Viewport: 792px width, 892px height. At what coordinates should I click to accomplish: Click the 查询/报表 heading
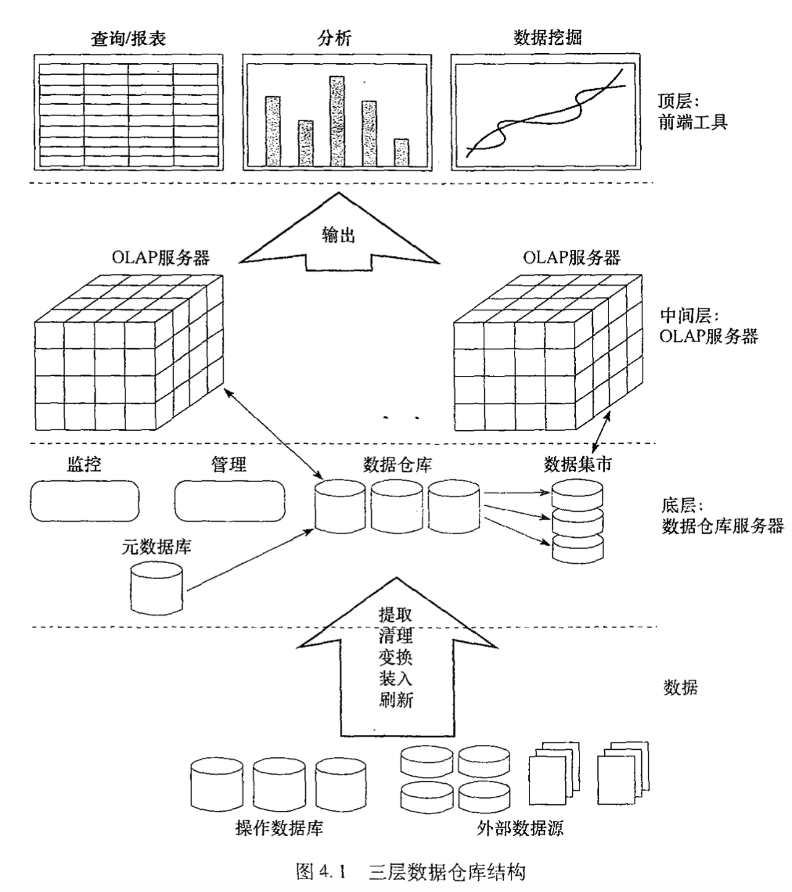pos(128,38)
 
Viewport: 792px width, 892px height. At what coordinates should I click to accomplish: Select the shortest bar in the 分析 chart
pos(402,152)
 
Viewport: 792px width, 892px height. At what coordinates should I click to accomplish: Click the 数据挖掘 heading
pos(547,38)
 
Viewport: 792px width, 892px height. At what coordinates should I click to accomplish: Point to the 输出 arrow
pos(339,235)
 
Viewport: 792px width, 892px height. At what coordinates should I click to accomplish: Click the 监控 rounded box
pos(85,501)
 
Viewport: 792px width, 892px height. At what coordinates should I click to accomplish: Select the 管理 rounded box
pos(229,501)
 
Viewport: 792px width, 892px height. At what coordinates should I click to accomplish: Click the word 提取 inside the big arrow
pos(396,614)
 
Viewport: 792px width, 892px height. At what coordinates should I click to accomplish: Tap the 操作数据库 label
pos(279,828)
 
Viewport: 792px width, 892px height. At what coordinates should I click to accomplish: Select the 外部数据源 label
pos(520,828)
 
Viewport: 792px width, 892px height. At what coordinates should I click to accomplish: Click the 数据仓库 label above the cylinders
pos(397,464)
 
